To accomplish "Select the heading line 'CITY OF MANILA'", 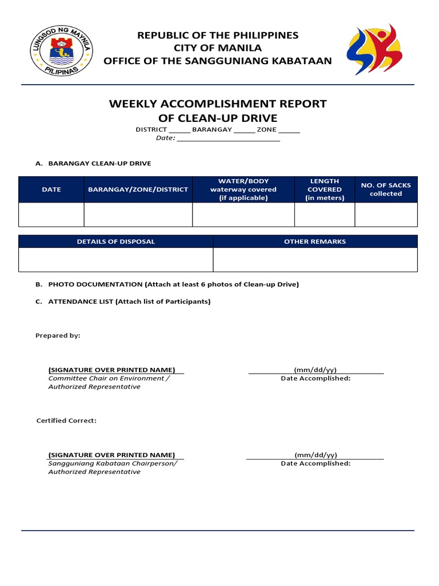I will (x=217, y=48).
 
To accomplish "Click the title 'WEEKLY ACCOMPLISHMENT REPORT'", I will (x=217, y=104).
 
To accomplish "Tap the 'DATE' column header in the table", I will (x=51, y=189).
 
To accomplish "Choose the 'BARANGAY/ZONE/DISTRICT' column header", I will (x=138, y=189).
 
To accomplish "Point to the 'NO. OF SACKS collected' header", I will (x=386, y=189).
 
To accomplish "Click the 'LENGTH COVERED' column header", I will (x=324, y=189).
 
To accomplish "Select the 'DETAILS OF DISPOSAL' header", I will (x=115, y=241).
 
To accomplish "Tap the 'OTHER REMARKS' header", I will (x=315, y=241).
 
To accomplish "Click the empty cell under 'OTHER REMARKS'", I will (x=315, y=260).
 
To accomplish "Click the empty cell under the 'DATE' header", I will (x=51, y=215).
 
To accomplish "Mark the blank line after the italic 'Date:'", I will (x=228, y=139).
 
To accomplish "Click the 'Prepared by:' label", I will (x=58, y=335).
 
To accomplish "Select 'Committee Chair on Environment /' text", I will (x=109, y=378).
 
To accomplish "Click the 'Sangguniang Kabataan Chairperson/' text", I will (x=113, y=464).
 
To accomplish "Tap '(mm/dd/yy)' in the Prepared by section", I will (x=316, y=370).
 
